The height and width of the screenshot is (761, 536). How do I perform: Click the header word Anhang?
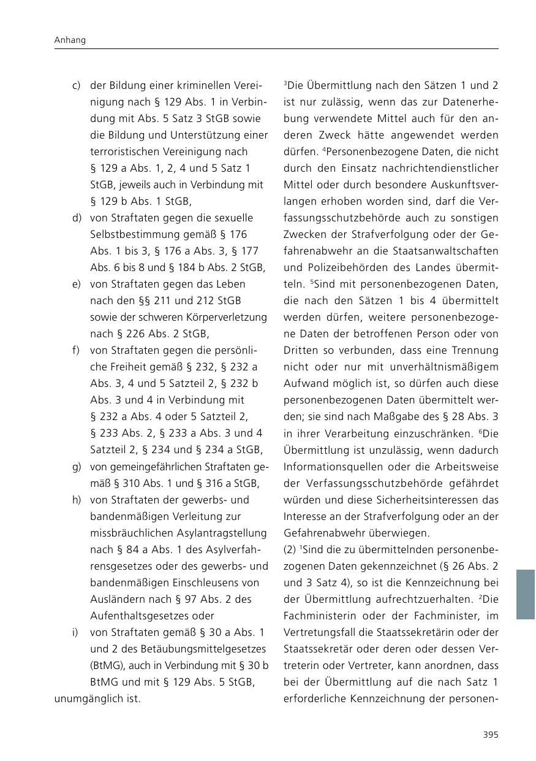coord(70,40)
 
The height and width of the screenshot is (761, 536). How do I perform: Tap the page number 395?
coord(490,735)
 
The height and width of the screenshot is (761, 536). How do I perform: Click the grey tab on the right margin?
coord(525,594)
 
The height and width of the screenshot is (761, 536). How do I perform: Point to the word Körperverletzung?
coord(230,317)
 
